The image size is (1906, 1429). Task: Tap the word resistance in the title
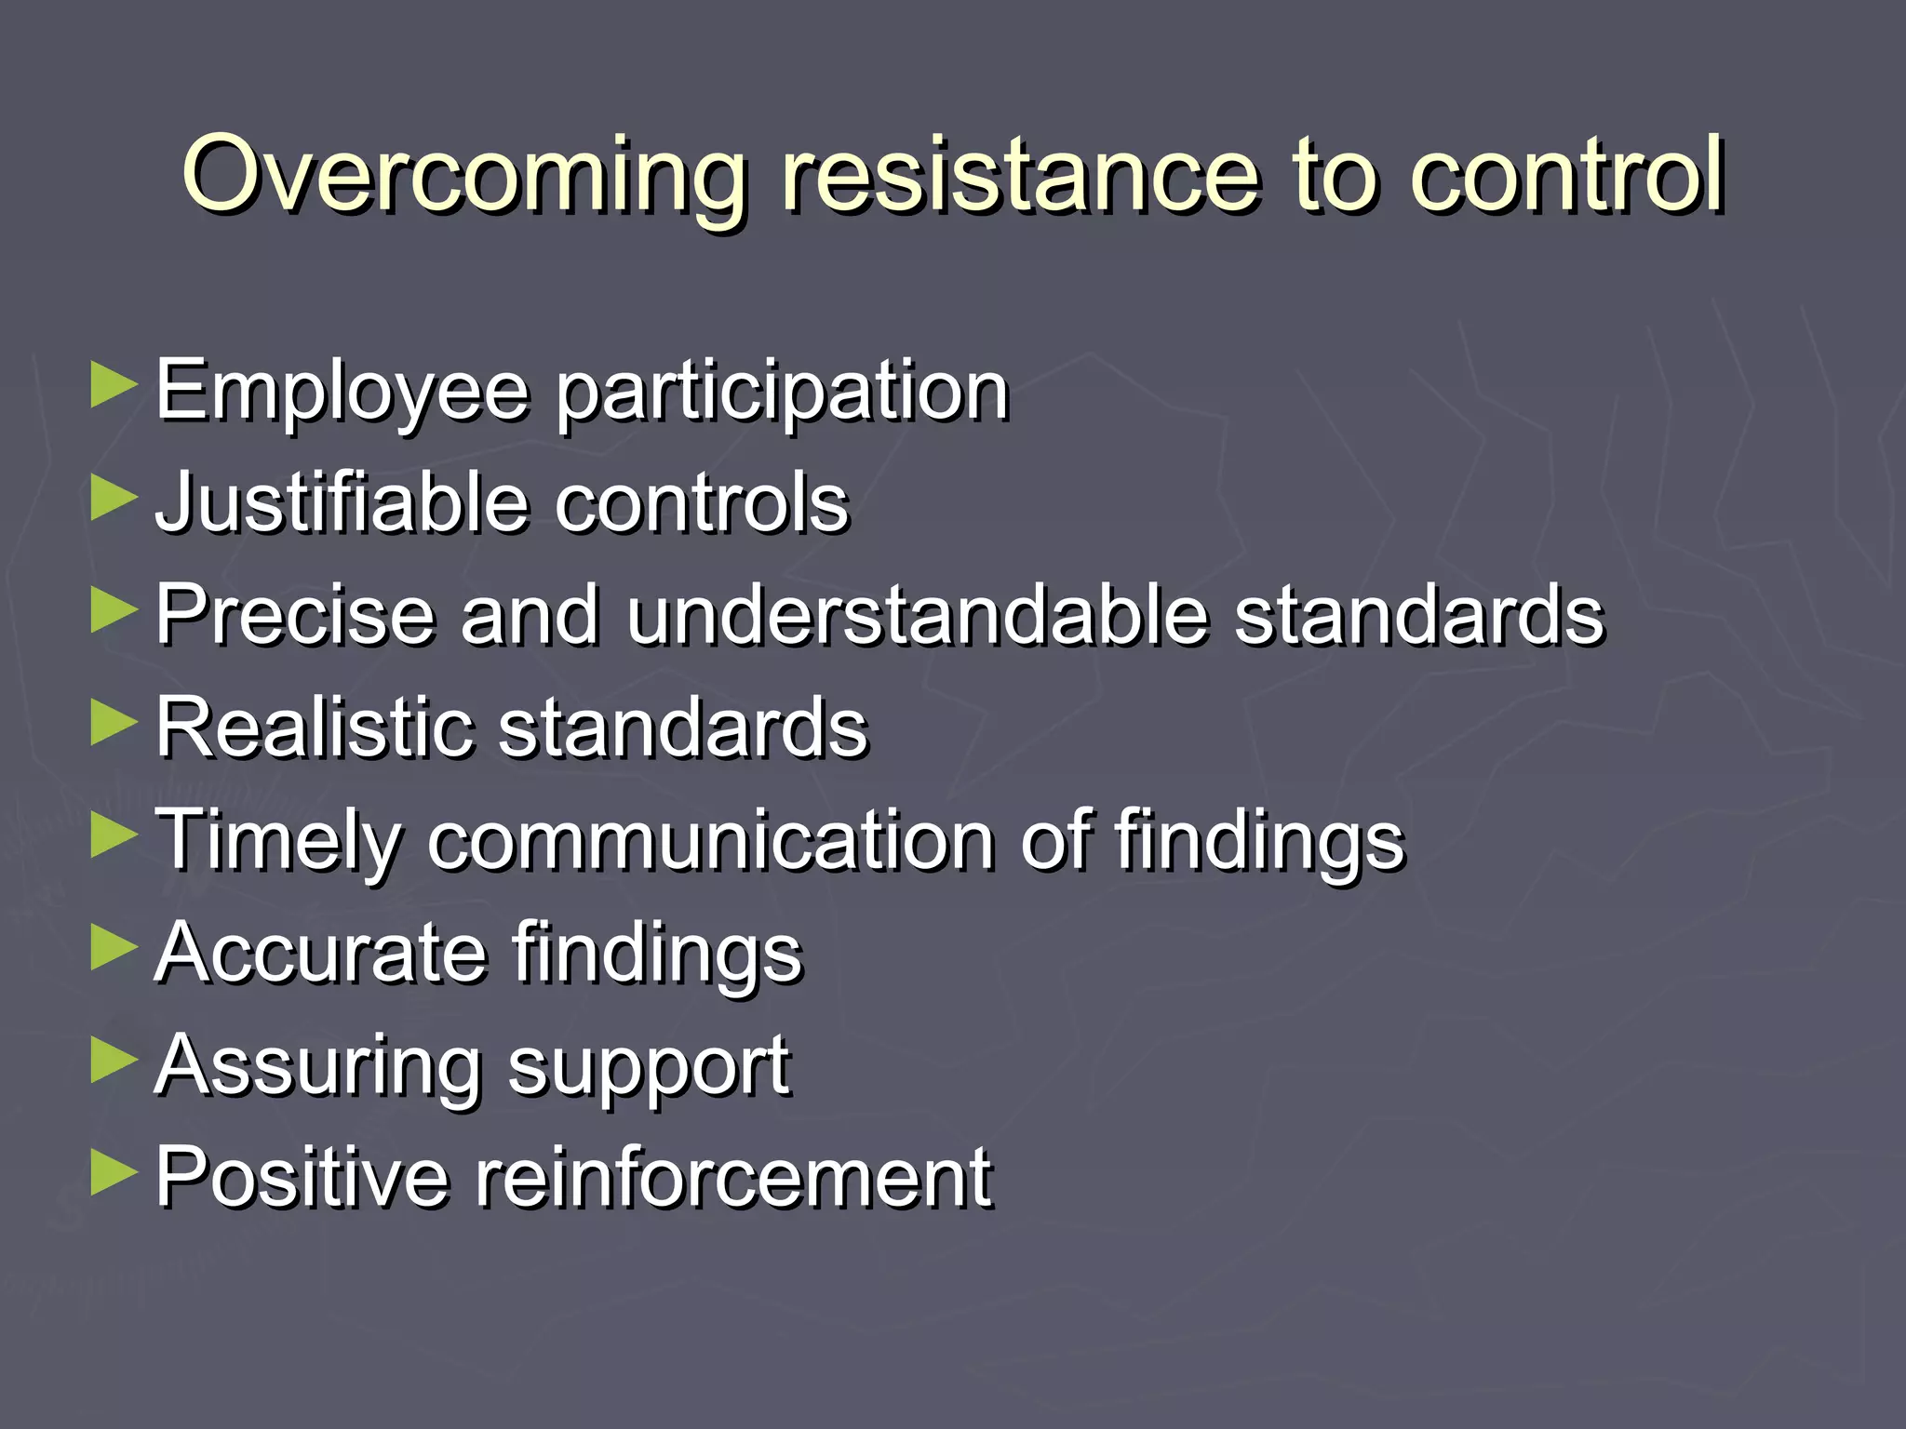coord(1020,175)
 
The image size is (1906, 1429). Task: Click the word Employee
coord(342,393)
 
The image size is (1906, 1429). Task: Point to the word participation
coord(783,393)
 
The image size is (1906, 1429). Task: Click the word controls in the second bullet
coord(703,502)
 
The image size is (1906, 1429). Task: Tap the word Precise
coord(295,615)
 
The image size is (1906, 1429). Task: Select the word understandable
coord(918,615)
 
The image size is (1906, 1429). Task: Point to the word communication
coord(712,840)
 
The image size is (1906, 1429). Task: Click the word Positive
coord(302,1178)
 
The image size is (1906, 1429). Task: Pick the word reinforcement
coord(734,1178)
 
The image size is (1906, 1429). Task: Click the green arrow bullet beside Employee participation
coord(114,385)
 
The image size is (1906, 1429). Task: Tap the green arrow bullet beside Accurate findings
coord(114,948)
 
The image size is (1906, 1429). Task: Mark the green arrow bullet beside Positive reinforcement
coord(114,1172)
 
